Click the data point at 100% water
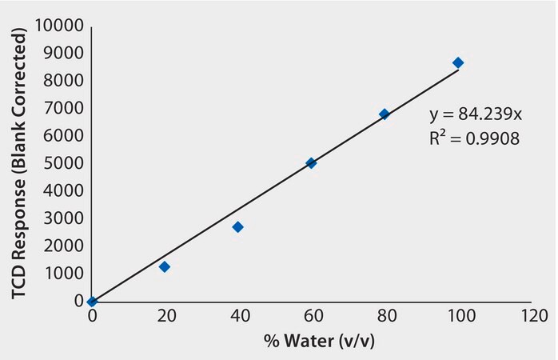(x=458, y=62)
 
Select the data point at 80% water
(x=385, y=114)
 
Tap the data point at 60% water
(x=311, y=163)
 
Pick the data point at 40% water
(x=237, y=227)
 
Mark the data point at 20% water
(x=165, y=266)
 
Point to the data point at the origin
(x=92, y=302)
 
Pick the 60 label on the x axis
(x=312, y=318)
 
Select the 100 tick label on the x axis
(x=458, y=318)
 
